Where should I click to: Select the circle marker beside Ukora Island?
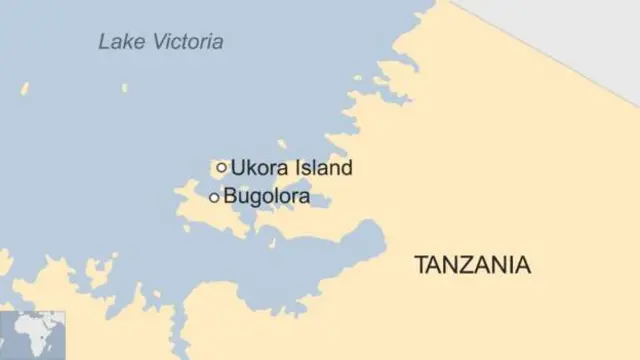[x=221, y=167]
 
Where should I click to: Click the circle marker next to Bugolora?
[x=214, y=198]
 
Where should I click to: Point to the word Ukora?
[x=256, y=168]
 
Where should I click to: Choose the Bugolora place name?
[x=266, y=198]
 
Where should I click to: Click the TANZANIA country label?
[x=472, y=266]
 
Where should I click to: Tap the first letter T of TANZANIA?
[x=420, y=266]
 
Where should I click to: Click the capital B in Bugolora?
[x=230, y=198]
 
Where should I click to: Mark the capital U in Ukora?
[x=237, y=168]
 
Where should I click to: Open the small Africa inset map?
[x=32, y=335]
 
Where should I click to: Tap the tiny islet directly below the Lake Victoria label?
[x=126, y=88]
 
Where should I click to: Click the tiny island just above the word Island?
[x=283, y=144]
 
